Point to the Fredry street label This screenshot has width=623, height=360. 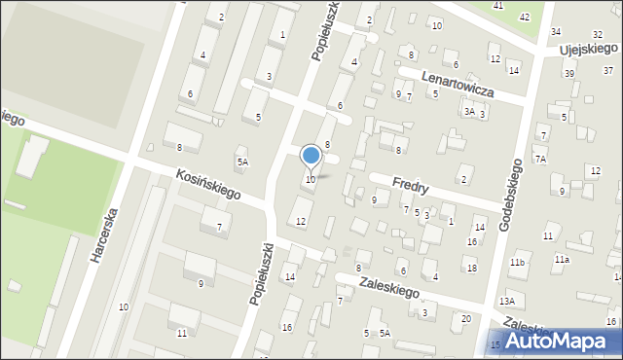coord(411,182)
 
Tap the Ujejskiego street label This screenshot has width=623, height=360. coord(590,48)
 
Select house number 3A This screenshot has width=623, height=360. coord(469,112)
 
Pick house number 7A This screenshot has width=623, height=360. coord(540,159)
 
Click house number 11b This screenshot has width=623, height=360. coord(517,263)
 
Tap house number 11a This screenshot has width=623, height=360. coord(562,260)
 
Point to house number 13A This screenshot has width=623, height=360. coord(507,303)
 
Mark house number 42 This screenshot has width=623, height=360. coord(525,18)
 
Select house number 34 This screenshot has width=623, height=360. coord(556,32)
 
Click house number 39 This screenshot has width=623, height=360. coord(568,73)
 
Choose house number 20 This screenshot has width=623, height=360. coord(466,319)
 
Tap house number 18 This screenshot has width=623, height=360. coord(471,269)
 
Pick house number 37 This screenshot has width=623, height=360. coord(607,70)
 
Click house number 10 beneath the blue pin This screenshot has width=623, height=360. coord(310,179)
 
